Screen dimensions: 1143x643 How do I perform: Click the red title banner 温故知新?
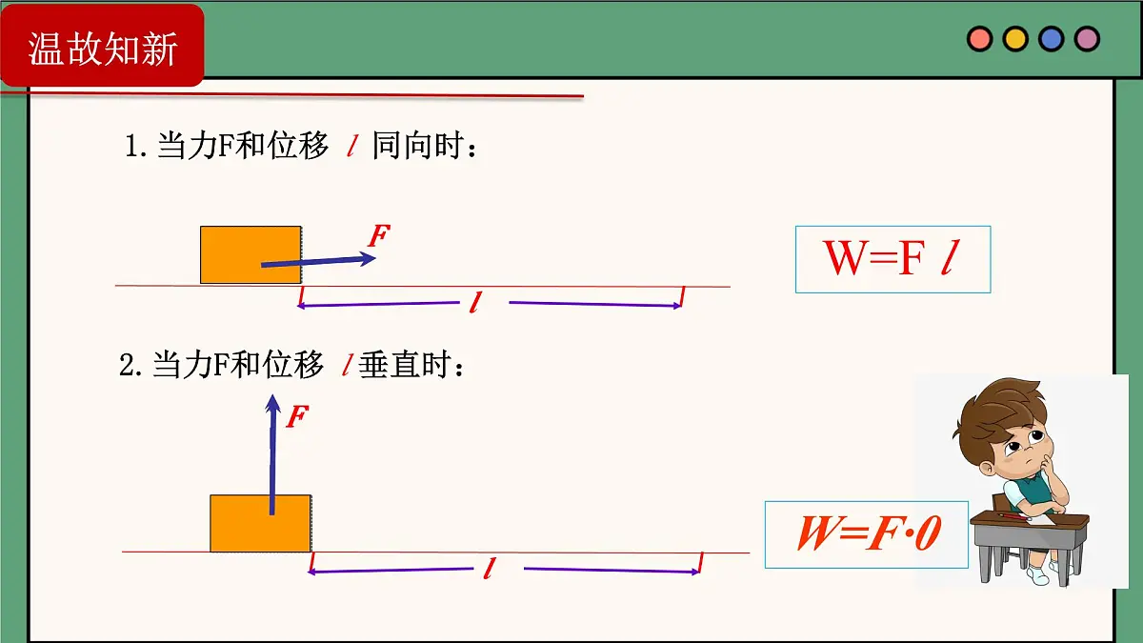102,45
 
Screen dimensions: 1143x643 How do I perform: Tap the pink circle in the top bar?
980,39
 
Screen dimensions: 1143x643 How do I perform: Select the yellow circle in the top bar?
1015,39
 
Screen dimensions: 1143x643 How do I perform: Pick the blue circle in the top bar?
1052,39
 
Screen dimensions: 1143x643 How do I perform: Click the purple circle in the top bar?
1087,39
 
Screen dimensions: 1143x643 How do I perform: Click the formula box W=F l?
893,259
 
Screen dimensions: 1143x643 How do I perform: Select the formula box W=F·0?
867,534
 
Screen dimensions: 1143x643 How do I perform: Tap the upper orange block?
251,254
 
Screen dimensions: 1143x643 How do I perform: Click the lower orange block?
261,523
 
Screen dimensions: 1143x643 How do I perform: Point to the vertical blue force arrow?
272,454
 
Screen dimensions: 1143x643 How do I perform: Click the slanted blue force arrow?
318,261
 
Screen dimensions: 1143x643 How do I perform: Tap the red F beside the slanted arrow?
379,235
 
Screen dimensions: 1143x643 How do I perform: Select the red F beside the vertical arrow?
297,416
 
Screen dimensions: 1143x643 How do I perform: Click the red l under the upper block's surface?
475,302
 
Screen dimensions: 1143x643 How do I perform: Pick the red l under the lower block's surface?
490,568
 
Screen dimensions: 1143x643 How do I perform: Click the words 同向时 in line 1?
418,146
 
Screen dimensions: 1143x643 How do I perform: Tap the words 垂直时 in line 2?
405,364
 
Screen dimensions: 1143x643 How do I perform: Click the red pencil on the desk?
1014,516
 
